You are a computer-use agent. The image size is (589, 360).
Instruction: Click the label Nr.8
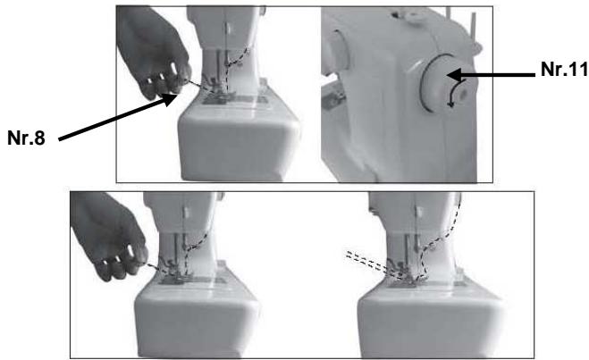pyautogui.click(x=26, y=138)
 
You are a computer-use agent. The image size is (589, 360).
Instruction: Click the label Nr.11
pyautogui.click(x=564, y=70)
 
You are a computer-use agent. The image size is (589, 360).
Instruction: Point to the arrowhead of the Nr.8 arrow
pyautogui.click(x=170, y=99)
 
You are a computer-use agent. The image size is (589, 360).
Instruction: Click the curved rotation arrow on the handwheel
pyautogui.click(x=457, y=93)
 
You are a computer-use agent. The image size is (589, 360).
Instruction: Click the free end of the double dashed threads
pyautogui.click(x=348, y=255)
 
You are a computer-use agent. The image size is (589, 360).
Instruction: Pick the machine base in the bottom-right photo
pyautogui.click(x=430, y=319)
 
